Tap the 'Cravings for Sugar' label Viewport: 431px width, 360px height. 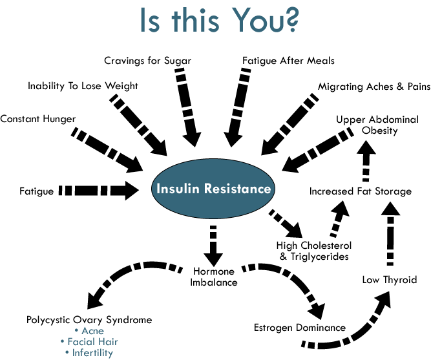(x=148, y=61)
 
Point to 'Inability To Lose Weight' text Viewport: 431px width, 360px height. (x=83, y=85)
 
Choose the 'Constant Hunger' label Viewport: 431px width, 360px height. (x=38, y=119)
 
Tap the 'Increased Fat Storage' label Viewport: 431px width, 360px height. (x=360, y=191)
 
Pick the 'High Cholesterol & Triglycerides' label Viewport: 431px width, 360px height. (x=314, y=251)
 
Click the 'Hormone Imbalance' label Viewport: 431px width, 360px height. (x=214, y=276)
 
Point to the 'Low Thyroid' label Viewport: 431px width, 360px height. (x=389, y=280)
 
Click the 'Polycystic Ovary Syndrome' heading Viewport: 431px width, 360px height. (x=89, y=319)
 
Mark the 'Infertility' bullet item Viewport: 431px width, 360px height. (x=90, y=353)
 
